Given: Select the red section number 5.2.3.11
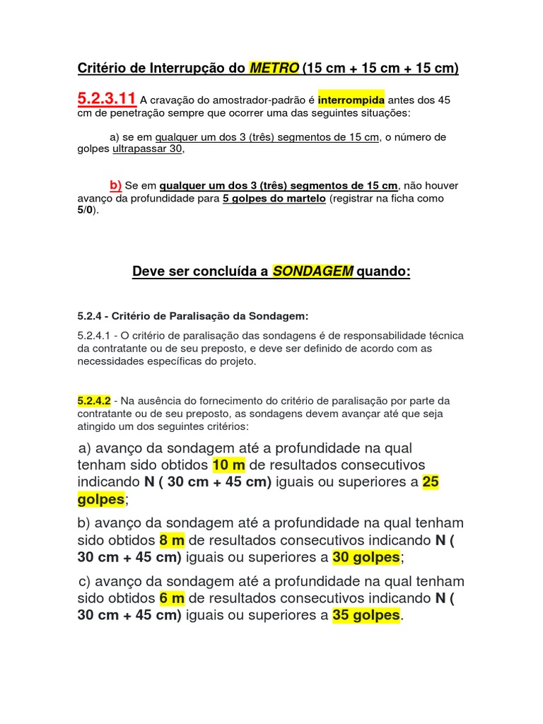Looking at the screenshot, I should [106, 99].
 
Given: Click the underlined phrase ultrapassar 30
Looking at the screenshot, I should [148, 149].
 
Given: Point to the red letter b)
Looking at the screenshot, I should [115, 185].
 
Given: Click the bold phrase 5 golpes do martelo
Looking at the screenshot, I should [274, 199].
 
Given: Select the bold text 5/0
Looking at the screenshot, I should [84, 211].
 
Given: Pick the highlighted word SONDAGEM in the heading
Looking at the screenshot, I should [313, 272].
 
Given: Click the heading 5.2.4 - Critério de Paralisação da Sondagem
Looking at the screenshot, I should [193, 315].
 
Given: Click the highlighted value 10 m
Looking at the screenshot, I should [228, 465].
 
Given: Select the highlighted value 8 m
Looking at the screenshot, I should [172, 540].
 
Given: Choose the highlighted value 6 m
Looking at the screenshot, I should [172, 598].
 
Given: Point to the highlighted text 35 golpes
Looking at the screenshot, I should [366, 615].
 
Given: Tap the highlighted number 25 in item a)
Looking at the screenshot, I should [431, 482].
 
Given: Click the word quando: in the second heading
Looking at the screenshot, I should [384, 272].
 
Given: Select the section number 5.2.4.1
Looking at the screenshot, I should [95, 336].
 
